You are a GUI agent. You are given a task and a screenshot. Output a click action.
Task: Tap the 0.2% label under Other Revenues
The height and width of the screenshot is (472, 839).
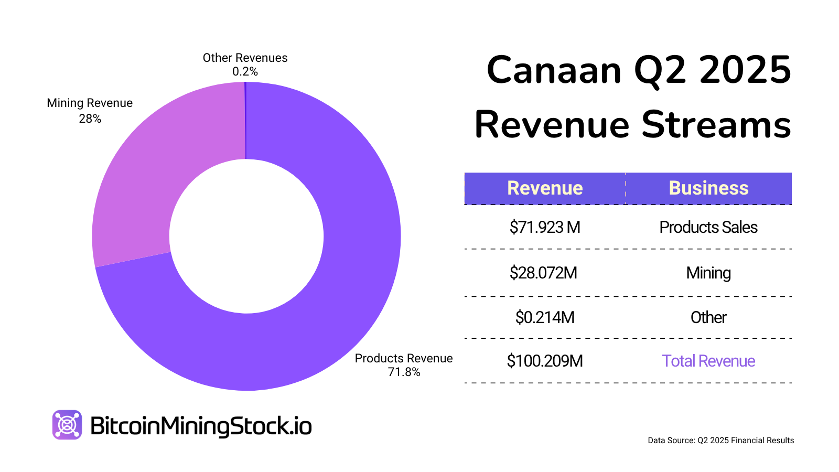point(245,72)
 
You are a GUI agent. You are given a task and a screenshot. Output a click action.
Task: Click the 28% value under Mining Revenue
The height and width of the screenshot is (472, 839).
point(90,119)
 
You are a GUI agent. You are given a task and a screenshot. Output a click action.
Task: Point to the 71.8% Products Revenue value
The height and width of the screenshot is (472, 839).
point(404,372)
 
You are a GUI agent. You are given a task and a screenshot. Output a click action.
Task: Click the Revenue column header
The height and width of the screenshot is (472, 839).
point(545,188)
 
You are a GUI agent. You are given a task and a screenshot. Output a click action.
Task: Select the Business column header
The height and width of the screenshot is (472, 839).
point(708,188)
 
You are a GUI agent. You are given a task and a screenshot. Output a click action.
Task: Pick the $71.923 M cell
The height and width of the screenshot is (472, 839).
point(545,227)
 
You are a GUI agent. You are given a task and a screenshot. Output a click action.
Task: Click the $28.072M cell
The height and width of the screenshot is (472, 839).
point(543,273)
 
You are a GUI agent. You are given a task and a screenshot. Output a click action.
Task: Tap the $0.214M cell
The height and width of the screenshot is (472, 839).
point(545,317)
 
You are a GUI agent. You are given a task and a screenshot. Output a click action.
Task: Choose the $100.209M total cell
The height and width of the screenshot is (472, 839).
point(545,361)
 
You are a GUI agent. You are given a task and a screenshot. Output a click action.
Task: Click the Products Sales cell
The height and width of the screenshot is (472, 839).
point(708,227)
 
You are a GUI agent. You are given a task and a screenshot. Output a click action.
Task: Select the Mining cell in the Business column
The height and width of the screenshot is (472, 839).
point(708,273)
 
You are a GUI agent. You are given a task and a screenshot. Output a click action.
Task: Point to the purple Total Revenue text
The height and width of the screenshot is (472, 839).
point(708,361)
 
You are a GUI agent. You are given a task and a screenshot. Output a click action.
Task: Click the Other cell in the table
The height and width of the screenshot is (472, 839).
point(708,317)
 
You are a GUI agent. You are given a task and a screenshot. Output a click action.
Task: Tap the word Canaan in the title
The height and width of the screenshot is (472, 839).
point(554,70)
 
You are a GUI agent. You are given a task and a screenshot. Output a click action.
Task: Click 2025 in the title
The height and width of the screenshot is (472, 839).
point(745,70)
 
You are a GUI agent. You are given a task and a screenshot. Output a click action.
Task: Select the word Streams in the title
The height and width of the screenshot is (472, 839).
point(716,125)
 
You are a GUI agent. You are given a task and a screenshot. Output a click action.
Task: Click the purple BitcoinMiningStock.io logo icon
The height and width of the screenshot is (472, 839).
point(67,425)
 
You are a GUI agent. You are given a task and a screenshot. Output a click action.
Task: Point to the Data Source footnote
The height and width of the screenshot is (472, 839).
point(720,441)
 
